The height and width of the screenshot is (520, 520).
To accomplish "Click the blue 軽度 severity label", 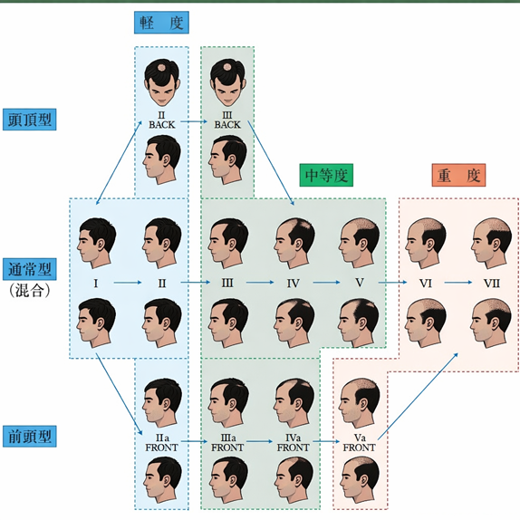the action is (x=161, y=23).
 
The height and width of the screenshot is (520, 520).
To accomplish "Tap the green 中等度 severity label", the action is (x=326, y=175).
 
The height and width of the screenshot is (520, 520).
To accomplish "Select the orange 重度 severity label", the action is (x=458, y=175).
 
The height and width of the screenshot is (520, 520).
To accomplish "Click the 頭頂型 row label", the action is (x=30, y=120).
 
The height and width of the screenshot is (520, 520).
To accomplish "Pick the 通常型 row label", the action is (x=30, y=269).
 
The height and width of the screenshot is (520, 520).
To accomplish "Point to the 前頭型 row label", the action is (x=30, y=437).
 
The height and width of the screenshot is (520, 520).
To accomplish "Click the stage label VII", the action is (x=492, y=284).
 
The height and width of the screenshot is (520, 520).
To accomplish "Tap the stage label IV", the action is (x=294, y=284).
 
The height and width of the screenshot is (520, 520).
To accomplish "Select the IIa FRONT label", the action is (x=161, y=443).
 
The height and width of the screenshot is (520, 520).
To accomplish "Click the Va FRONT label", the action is (x=359, y=443).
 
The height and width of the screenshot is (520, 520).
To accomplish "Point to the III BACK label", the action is (x=227, y=120).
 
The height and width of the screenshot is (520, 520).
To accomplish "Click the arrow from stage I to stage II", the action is (x=128, y=283).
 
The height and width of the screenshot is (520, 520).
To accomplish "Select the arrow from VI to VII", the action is (x=458, y=283).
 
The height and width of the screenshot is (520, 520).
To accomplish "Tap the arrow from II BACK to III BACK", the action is (x=194, y=121).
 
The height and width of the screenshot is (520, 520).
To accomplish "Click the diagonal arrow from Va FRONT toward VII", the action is (x=418, y=396).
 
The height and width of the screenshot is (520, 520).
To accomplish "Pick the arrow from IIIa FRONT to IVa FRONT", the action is (x=260, y=441).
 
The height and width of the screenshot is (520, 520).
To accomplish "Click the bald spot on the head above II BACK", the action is (x=162, y=67).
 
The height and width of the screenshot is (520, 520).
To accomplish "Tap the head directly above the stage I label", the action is (x=97, y=243).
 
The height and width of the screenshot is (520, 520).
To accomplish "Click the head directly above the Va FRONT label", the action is (x=360, y=403).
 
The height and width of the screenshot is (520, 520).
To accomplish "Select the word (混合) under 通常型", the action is (x=30, y=291).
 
